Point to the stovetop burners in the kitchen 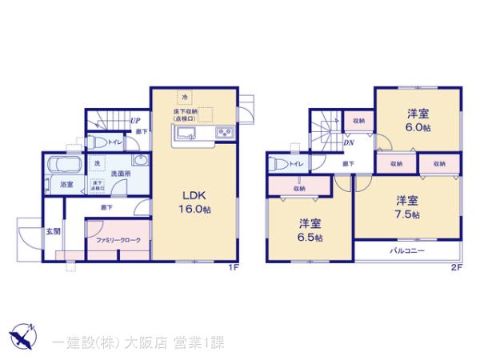224,132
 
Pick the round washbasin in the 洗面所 139,160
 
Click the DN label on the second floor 349,143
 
